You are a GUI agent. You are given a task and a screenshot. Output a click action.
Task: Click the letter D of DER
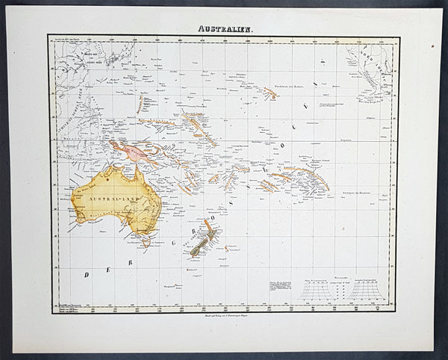click(x=87, y=274)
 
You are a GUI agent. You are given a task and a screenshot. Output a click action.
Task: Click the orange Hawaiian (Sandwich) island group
click(x=269, y=93)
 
